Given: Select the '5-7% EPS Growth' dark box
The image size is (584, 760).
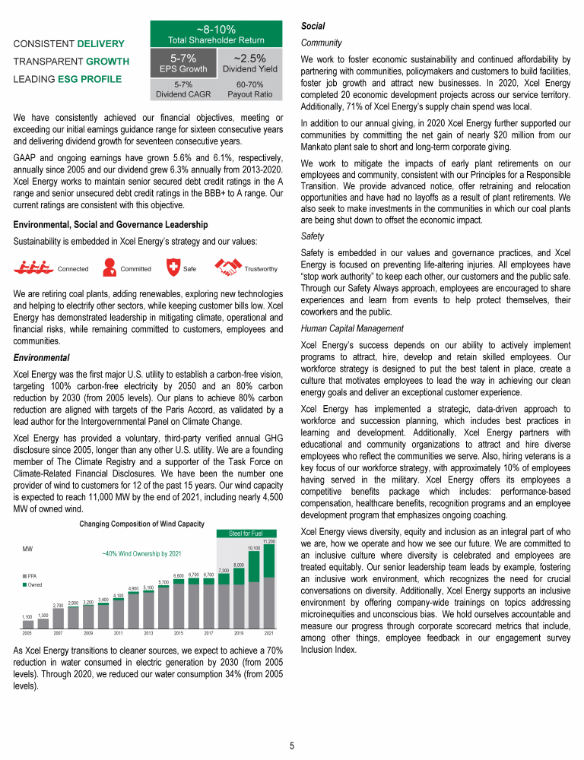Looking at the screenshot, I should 186,62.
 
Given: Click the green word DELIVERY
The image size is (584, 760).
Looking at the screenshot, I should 100,43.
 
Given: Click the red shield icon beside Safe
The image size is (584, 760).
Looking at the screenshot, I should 174,268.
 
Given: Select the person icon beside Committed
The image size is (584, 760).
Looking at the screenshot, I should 108,268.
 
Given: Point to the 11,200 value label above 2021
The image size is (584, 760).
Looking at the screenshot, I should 268,541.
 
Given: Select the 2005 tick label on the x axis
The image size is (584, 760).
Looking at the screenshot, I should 27,632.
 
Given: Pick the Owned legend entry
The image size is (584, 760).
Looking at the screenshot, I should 33,584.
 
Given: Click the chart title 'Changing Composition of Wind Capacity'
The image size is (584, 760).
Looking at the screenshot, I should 142,524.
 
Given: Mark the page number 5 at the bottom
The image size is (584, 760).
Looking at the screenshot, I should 292,746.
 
